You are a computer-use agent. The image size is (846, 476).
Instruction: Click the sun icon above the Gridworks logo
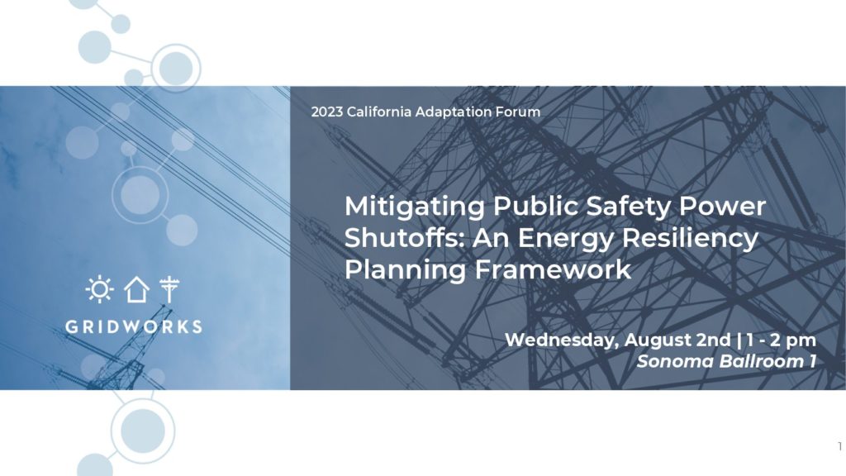(100, 289)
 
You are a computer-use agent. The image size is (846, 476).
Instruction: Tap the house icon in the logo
(136, 289)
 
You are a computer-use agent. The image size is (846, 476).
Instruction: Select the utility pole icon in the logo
(169, 289)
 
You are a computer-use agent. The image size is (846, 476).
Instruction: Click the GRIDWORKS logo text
(134, 326)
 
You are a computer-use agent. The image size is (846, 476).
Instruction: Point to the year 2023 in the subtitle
(327, 112)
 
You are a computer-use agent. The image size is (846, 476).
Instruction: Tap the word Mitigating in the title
(415, 207)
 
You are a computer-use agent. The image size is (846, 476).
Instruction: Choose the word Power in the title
(722, 206)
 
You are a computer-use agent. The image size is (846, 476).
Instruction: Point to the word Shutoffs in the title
(402, 237)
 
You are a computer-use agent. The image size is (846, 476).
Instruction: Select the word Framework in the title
(553, 269)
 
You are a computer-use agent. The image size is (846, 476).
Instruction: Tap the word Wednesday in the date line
(562, 340)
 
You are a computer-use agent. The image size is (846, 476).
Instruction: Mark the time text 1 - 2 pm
(782, 340)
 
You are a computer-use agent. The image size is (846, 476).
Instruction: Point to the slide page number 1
(839, 446)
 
